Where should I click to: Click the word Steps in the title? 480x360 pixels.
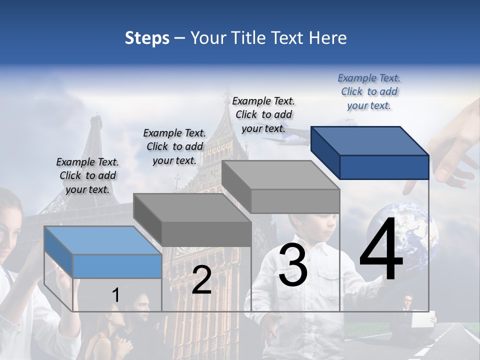pos(147,38)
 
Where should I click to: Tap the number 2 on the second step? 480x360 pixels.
pos(201,280)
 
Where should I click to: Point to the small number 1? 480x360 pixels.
pos(116,295)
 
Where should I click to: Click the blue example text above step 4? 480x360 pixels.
pos(369,91)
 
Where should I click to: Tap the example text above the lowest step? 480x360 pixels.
pos(87,175)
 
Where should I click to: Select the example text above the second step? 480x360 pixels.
pos(174,146)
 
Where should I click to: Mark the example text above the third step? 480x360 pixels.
pos(263,114)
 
